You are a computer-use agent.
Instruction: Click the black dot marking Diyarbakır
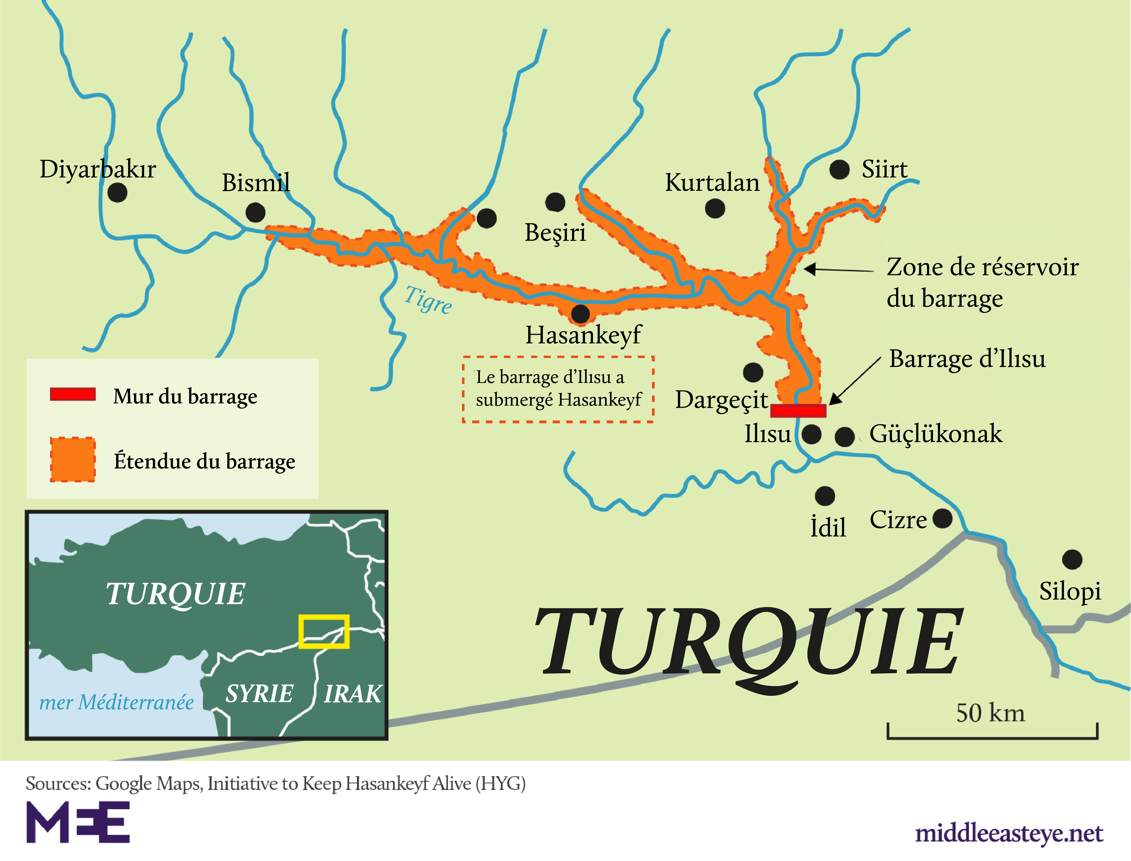[117, 193]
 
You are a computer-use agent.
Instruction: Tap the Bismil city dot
[255, 212]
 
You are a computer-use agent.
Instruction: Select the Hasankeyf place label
[583, 335]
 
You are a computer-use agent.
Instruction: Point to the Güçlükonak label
[936, 434]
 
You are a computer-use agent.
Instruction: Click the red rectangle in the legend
[73, 394]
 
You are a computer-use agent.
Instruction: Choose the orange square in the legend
[73, 460]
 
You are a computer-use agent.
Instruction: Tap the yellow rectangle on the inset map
[324, 631]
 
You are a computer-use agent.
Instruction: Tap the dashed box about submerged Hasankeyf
[558, 389]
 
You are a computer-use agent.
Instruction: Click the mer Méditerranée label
[116, 702]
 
